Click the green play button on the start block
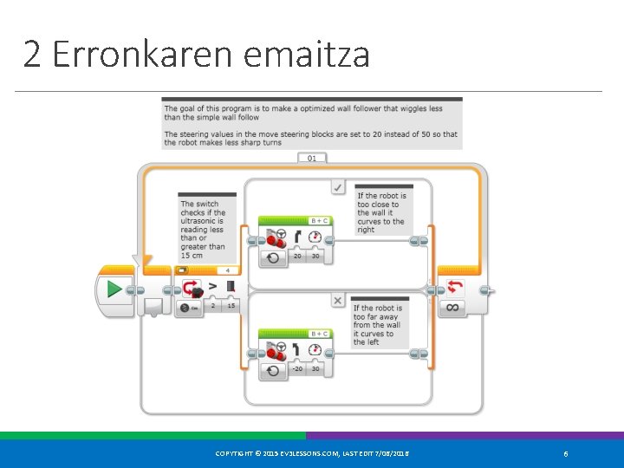click(x=114, y=289)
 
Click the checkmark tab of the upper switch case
click(x=338, y=186)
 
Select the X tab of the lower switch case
click(x=338, y=300)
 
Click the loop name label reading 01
click(x=312, y=158)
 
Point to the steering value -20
click(x=297, y=369)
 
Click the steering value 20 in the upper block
click(x=297, y=257)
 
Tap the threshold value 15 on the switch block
click(x=231, y=306)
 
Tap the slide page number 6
click(x=565, y=454)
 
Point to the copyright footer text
click(x=312, y=454)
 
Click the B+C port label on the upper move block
click(x=319, y=221)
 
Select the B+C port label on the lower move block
click(x=319, y=334)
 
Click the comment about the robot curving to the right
click(x=382, y=212)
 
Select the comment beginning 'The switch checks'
click(x=205, y=230)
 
